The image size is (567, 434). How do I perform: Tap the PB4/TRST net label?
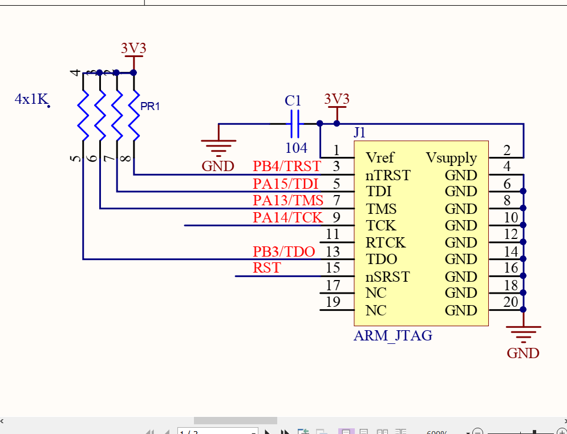(x=287, y=166)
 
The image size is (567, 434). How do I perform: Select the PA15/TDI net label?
(x=285, y=184)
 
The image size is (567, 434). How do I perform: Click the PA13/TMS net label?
(x=288, y=201)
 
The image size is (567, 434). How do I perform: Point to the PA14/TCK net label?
(x=287, y=217)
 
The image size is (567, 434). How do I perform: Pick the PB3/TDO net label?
(x=283, y=252)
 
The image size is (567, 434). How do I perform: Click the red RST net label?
(x=266, y=267)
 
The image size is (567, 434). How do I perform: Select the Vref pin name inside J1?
(x=380, y=157)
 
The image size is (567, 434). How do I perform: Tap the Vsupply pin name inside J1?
(x=451, y=157)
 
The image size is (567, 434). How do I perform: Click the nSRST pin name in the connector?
(x=387, y=277)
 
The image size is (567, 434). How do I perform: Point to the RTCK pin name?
(x=386, y=242)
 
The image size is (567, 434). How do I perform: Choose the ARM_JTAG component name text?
(x=392, y=335)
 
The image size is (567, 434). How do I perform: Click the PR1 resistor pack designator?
(x=150, y=107)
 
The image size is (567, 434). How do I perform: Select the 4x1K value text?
(x=31, y=99)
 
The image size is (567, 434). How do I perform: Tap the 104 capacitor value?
(x=296, y=148)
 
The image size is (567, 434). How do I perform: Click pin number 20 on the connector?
(x=511, y=302)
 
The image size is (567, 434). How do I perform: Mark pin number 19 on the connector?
(x=333, y=302)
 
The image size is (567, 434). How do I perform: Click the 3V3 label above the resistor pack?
(x=133, y=48)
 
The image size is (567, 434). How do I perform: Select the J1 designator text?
(x=359, y=133)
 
